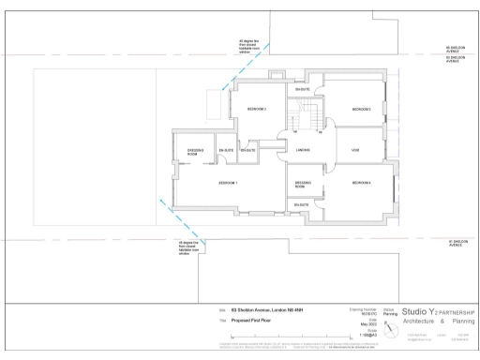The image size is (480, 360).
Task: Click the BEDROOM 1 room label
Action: tap(228, 182)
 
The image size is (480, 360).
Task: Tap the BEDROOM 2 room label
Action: tap(257, 110)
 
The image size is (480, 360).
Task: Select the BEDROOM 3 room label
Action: tap(362, 110)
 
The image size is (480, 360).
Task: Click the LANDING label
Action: tap(303, 150)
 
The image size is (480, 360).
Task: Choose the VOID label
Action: tap(355, 150)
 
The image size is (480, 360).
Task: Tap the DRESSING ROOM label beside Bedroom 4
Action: tap(303, 184)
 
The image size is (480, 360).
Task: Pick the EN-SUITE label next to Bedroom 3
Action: tap(303, 88)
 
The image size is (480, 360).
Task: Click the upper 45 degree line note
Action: tap(248, 45)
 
